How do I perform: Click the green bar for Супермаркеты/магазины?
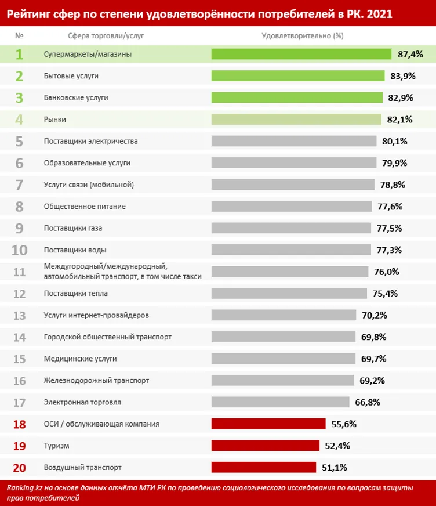coord(301,54)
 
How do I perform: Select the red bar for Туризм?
coord(266,446)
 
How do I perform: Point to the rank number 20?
coord(19,467)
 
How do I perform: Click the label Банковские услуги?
coord(76,97)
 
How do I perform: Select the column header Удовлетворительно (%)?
coord(303,36)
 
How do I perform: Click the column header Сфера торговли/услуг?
coord(106,36)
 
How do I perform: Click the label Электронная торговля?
coord(82,402)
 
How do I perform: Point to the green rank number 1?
coord(19,55)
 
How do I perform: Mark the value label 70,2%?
coord(373,315)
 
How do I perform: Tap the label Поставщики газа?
coord(73,228)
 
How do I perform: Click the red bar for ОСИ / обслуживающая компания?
coord(268,424)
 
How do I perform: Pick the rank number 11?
coord(19,272)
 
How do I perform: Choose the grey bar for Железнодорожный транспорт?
coord(282,380)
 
